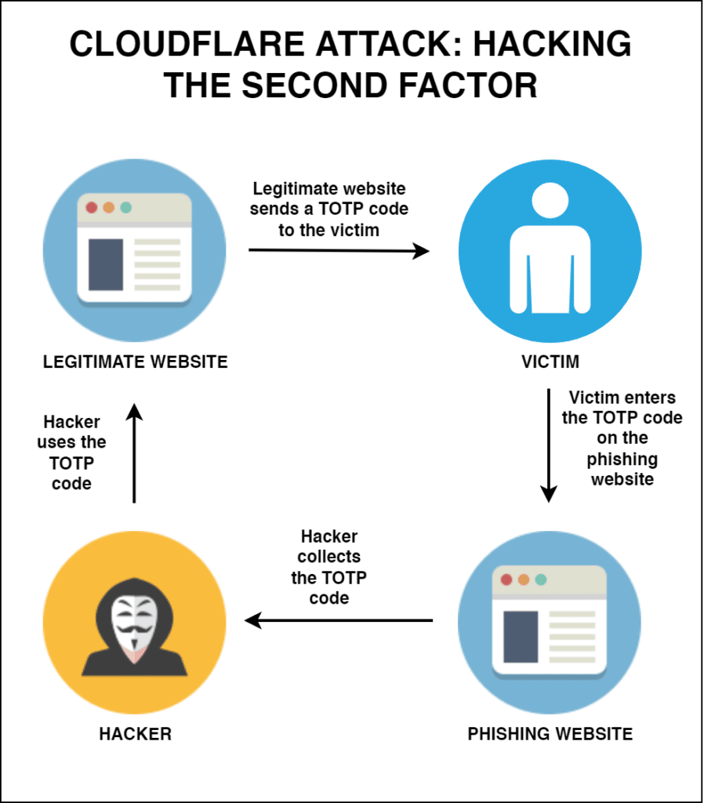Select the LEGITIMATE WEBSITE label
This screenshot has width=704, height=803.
click(x=135, y=362)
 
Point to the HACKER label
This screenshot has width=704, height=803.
click(x=135, y=734)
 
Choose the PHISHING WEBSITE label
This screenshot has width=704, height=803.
click(x=550, y=734)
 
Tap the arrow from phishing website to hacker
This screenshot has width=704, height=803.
click(x=339, y=621)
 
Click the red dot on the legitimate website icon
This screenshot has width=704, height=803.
click(x=92, y=208)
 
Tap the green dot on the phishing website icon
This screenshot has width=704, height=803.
click(x=540, y=580)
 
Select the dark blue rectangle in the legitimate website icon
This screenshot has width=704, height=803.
click(x=106, y=265)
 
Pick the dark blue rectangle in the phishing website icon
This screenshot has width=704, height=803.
click(x=521, y=637)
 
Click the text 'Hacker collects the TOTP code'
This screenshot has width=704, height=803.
click(x=329, y=567)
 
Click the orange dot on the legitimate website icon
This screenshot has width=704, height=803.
click(x=109, y=208)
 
